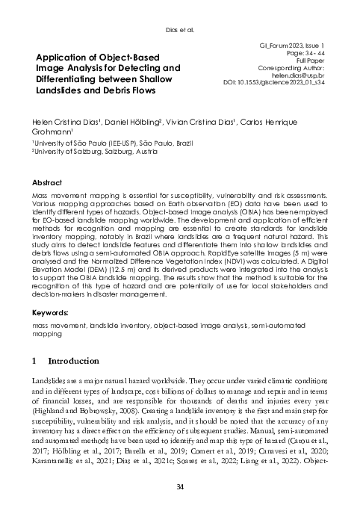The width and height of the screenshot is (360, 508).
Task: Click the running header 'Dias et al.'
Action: (x=179, y=31)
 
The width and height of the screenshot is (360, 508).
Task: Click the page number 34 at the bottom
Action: (x=179, y=488)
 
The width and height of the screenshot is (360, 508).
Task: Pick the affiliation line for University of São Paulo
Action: (x=101, y=142)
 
